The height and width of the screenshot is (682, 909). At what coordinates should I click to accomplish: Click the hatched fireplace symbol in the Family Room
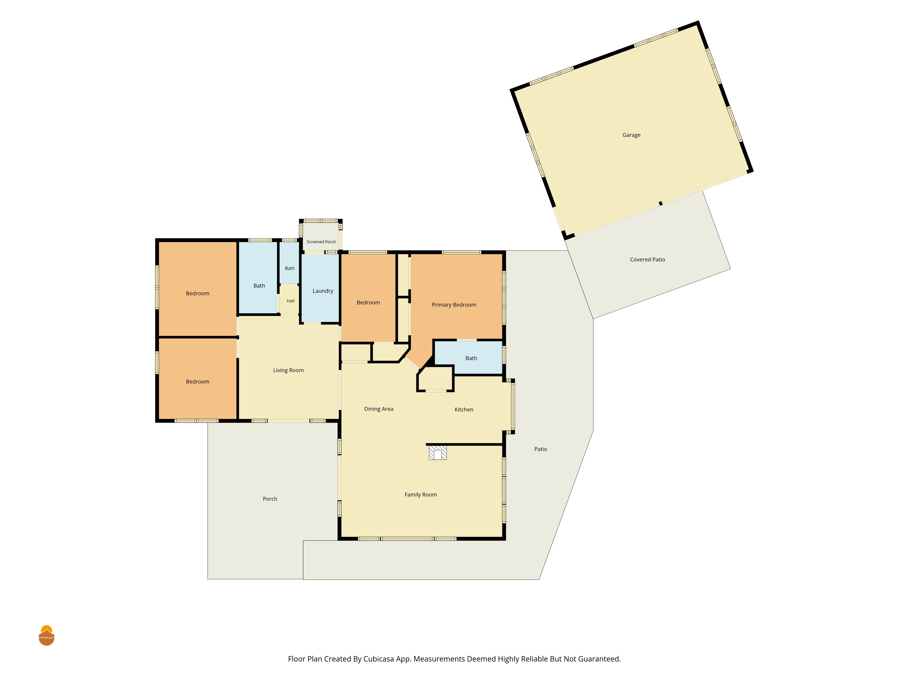[438, 452]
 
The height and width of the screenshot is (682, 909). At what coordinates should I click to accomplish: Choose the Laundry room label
[323, 291]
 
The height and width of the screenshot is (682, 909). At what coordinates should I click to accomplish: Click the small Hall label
[290, 301]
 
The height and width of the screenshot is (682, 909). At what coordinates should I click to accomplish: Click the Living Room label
[288, 370]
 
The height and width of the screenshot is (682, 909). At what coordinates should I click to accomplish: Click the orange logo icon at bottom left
[46, 636]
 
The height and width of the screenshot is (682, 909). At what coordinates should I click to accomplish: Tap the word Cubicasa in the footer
[378, 659]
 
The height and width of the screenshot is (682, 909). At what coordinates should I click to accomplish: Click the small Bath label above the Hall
[290, 268]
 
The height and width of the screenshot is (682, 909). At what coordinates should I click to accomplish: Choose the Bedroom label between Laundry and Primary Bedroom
[368, 303]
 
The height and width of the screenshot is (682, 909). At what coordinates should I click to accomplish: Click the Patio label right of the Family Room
[540, 449]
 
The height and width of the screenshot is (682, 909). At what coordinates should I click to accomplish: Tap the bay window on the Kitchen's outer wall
[511, 406]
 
